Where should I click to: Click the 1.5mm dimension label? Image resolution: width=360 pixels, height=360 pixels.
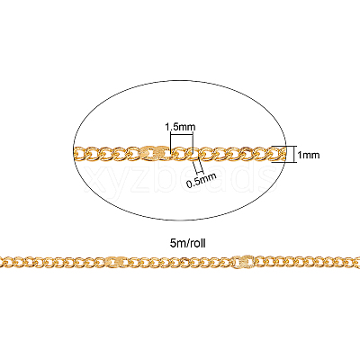[x=180, y=127]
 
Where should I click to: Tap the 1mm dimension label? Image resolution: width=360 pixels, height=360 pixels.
[x=309, y=155]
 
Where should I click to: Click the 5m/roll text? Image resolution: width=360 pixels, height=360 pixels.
[x=188, y=243]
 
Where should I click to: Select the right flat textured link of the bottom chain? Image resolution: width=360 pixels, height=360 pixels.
[x=244, y=261]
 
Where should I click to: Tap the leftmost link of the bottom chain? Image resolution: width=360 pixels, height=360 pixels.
[x=3, y=262]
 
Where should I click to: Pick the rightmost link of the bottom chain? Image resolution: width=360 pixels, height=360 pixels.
[x=356, y=262]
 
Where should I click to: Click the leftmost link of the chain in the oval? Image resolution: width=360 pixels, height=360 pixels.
[x=78, y=153]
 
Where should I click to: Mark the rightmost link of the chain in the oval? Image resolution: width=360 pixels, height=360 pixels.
[x=278, y=153]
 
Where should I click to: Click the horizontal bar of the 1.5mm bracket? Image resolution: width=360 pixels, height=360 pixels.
[x=182, y=135]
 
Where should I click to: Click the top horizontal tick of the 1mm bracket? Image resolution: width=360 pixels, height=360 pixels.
[x=287, y=146]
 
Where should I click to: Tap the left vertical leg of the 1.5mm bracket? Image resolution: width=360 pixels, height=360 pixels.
[x=170, y=143]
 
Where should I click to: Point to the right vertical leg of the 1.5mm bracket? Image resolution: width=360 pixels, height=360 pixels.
[x=193, y=143]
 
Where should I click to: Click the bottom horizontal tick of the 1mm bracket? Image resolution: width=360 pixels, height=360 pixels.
[x=287, y=162]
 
